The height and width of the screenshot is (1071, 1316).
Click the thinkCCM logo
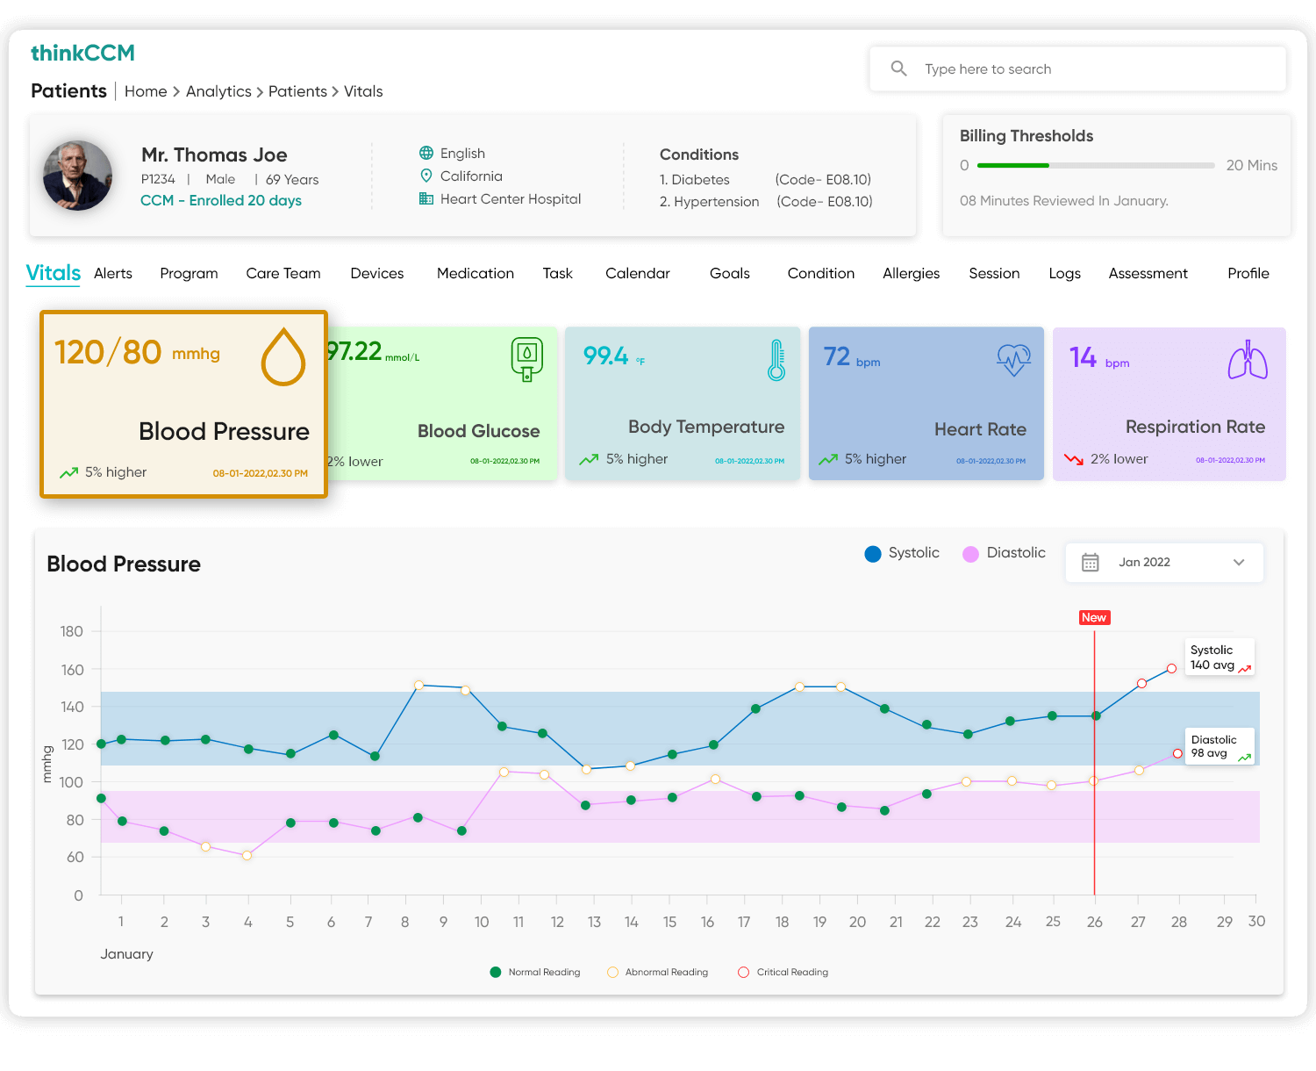(x=82, y=54)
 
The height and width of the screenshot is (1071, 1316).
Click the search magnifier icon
(x=898, y=68)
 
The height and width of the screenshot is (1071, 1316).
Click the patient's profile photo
(x=78, y=176)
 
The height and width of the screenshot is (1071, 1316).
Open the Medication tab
(x=475, y=274)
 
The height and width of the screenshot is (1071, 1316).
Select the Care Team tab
(x=283, y=274)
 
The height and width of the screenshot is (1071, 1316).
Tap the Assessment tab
(x=1148, y=274)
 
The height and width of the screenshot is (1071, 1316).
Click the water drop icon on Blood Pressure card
(x=283, y=356)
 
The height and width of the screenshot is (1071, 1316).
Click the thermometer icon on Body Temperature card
(x=776, y=360)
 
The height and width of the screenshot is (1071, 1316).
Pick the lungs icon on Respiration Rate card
(x=1247, y=360)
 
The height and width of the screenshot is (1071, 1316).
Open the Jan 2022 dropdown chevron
(x=1239, y=563)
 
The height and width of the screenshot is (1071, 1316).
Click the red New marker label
(x=1094, y=618)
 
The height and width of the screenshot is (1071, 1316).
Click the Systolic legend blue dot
(x=873, y=554)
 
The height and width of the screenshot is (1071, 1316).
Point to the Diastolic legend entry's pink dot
(x=970, y=554)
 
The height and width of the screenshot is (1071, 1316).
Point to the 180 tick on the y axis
(x=72, y=632)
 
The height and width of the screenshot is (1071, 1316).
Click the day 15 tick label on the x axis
(x=669, y=922)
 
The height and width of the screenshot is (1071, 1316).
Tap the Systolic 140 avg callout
(x=1219, y=658)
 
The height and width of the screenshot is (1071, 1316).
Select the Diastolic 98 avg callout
(x=1219, y=747)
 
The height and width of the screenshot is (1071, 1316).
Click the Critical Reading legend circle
(x=743, y=972)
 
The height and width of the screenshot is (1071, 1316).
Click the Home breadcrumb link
(x=146, y=91)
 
